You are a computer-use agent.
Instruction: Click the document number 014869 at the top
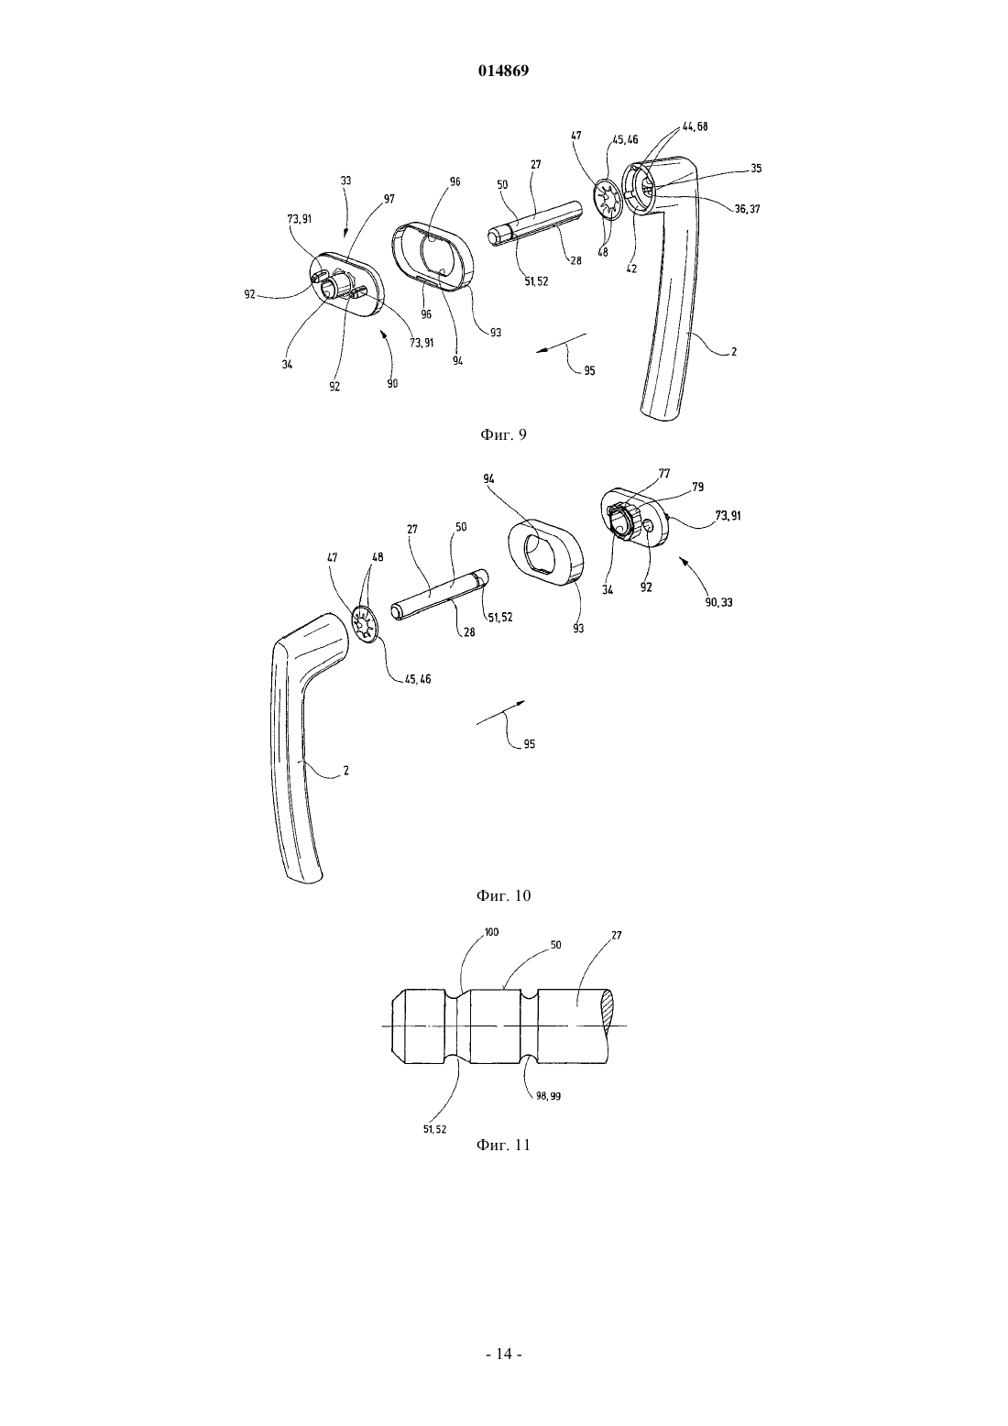[503, 71]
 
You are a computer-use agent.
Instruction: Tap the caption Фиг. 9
[503, 434]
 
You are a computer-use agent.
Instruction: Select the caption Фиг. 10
[503, 895]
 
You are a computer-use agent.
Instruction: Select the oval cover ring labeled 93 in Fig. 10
[545, 550]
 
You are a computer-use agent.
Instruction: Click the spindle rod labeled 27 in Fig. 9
[536, 223]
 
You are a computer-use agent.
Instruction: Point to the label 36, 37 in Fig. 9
[747, 208]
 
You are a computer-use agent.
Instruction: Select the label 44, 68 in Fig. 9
[695, 126]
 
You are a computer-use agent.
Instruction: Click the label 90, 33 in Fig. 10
[718, 601]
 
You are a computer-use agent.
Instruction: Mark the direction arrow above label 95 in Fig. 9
[561, 343]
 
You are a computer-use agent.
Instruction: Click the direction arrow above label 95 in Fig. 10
[501, 712]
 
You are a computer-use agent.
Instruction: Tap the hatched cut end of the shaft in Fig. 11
[608, 1025]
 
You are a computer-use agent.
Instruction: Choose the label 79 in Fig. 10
[698, 488]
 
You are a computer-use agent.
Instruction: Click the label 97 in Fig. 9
[389, 199]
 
